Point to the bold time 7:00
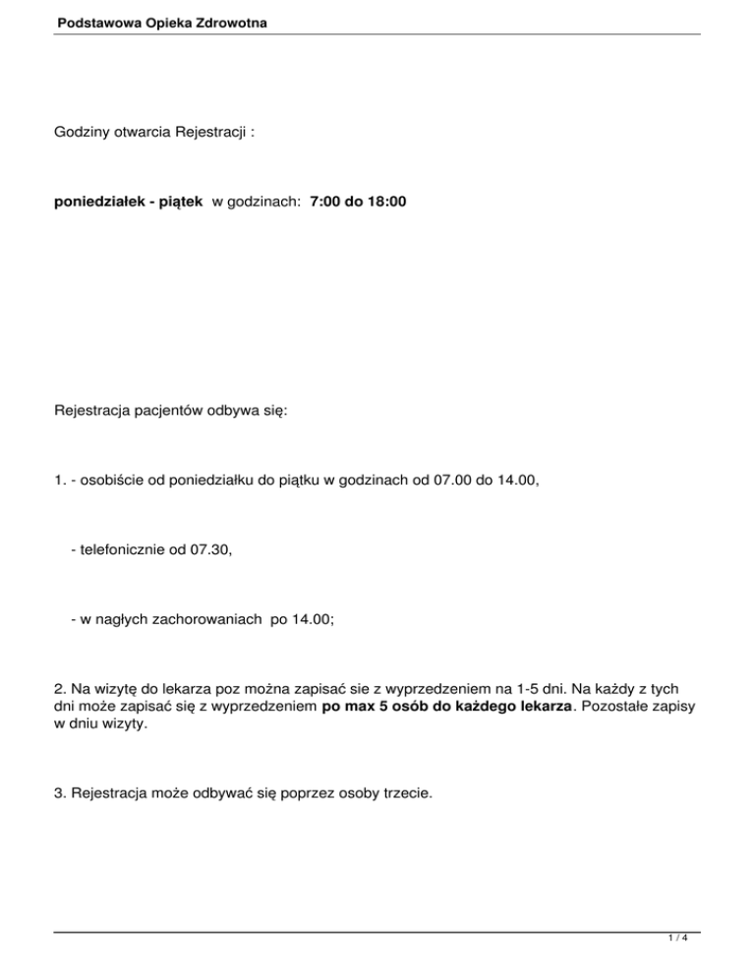click(326, 201)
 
